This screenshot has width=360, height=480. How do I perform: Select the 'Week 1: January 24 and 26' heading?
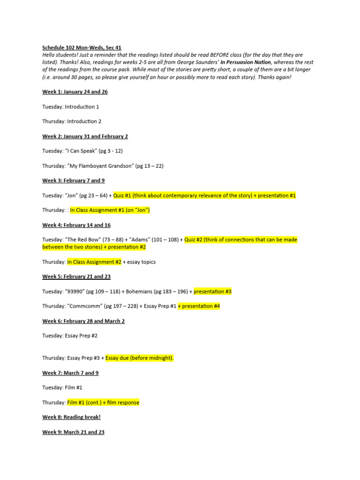(75, 92)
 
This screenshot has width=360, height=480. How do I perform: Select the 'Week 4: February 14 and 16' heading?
(76, 225)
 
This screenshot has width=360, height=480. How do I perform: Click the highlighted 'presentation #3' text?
(212, 292)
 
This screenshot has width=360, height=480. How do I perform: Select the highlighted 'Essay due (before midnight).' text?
(140, 358)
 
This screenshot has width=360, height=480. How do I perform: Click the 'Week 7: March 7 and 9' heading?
(70, 373)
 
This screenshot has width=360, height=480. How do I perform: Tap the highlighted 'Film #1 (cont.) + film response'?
(103, 403)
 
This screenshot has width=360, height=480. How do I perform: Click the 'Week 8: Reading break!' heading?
(71, 417)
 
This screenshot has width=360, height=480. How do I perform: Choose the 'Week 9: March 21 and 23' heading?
(73, 432)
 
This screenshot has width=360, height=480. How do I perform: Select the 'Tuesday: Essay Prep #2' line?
(70, 336)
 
